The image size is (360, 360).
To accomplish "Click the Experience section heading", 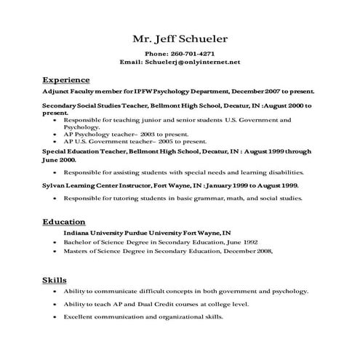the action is pos(66,79).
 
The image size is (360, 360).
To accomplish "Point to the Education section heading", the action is pos(64,222).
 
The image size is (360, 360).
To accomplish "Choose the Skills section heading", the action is pos(55,280).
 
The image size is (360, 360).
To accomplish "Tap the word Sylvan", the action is pos(55,186).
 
